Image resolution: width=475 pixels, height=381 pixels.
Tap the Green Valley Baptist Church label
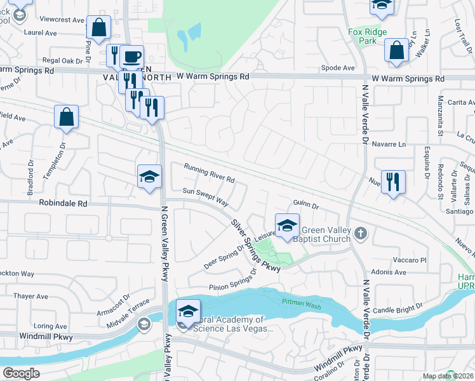pyautogui.click(x=326, y=234)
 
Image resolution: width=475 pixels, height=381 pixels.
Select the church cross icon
pyautogui.click(x=361, y=233)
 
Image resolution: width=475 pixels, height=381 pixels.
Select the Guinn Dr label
pyautogui.click(x=305, y=205)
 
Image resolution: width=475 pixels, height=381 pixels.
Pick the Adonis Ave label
pyautogui.click(x=391, y=272)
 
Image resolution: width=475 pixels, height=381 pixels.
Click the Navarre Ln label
pyautogui.click(x=389, y=144)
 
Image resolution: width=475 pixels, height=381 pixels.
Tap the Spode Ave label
pyautogui.click(x=338, y=67)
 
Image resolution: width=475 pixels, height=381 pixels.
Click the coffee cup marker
pyautogui.click(x=131, y=57)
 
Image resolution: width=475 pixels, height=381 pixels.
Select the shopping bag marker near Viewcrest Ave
pyautogui.click(x=99, y=27)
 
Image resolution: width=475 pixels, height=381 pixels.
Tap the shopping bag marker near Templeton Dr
pyautogui.click(x=66, y=117)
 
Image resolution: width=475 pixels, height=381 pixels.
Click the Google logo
pyautogui.click(x=22, y=373)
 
